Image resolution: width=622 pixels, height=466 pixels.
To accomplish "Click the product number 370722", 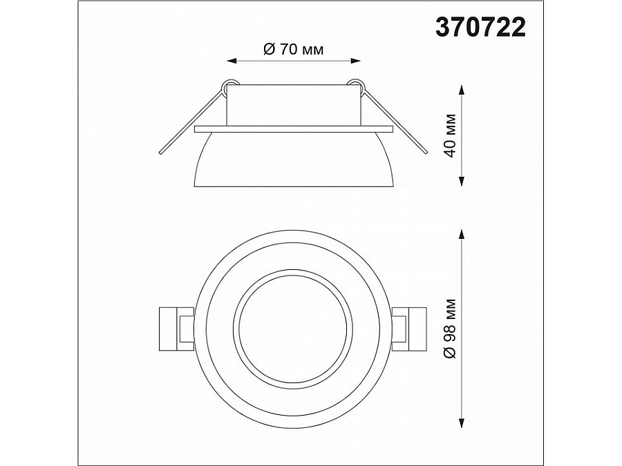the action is coord(480,28).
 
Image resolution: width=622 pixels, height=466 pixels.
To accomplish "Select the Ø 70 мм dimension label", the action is coord(293,50).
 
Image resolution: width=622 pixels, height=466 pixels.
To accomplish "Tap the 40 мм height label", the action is coord(450,135).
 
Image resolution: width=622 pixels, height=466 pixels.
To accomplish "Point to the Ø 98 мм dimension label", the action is coord(450,329).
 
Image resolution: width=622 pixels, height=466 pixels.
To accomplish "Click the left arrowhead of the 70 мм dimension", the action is coord(232,61).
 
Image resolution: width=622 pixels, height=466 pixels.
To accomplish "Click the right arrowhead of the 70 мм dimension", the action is coord(355,61).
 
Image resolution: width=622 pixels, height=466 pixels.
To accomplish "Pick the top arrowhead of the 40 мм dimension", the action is coord(462,90).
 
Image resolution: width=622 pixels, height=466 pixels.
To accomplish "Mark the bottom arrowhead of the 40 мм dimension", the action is coord(462,181).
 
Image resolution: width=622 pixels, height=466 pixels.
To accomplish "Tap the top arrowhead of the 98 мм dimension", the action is coord(462,235).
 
